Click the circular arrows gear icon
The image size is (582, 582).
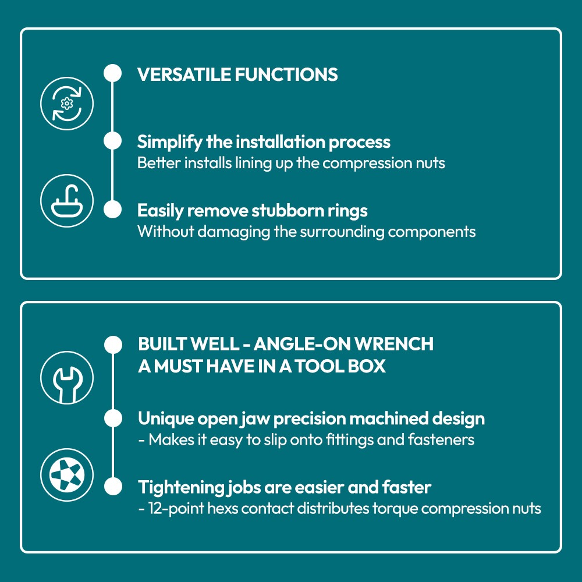pos(67,104)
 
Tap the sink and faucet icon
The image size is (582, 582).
pos(67,201)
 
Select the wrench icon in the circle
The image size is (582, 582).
pos(67,378)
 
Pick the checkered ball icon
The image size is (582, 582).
pos(67,475)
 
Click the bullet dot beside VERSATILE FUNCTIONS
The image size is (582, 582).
pos(112,73)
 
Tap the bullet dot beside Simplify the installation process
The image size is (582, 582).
pos(112,141)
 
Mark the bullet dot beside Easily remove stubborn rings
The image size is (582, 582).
pos(112,210)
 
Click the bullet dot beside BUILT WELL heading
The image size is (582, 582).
pos(113,345)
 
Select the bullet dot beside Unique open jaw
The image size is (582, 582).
pos(113,418)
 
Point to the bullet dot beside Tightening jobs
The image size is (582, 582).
pos(113,487)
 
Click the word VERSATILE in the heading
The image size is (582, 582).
pos(184,74)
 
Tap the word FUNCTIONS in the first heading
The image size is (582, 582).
pos(286,74)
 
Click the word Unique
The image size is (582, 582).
pos(165,418)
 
